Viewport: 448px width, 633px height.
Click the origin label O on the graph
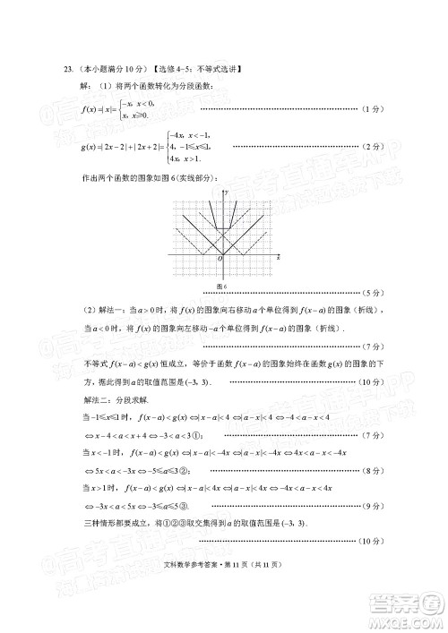point(219,258)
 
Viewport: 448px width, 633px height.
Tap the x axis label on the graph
point(279,257)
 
